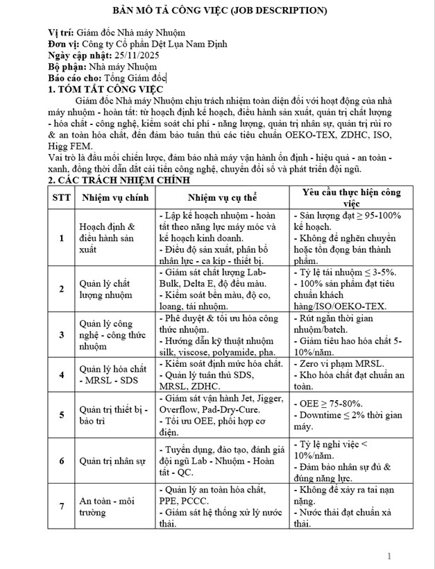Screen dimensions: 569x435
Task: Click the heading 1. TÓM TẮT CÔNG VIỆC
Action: [x=105, y=90]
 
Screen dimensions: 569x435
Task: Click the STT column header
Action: [x=61, y=197]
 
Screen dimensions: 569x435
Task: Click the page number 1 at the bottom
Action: [x=389, y=556]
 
